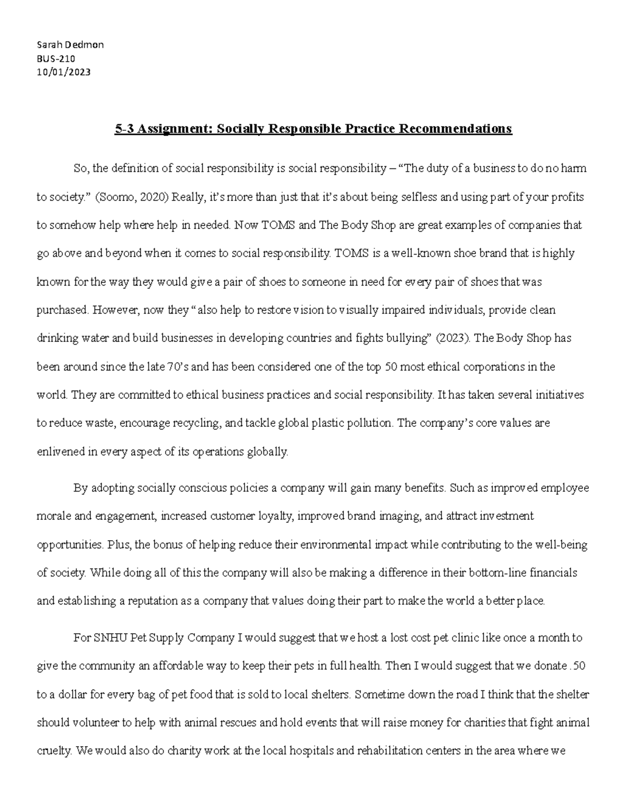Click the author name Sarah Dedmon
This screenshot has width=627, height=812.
[x=70, y=44]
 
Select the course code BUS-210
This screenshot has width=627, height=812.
[x=56, y=59]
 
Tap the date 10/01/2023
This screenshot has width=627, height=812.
[x=63, y=72]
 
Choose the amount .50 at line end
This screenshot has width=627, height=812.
[x=576, y=666]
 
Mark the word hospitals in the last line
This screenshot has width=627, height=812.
[x=308, y=751]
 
